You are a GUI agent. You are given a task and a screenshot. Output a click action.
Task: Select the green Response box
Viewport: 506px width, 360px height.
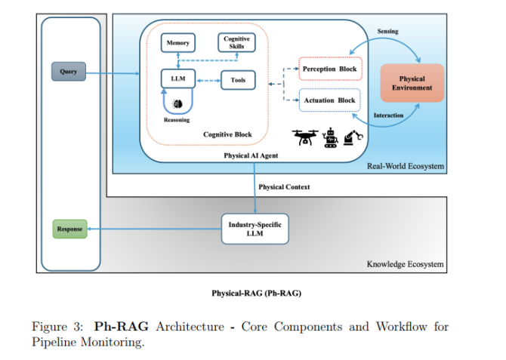point(69,228)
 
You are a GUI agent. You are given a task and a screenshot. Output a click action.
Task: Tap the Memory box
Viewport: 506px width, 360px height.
point(178,43)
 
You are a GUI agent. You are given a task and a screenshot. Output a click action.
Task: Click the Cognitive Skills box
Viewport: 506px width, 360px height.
point(237,43)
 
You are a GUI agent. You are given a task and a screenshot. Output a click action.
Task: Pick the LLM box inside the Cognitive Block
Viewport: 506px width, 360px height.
point(177,79)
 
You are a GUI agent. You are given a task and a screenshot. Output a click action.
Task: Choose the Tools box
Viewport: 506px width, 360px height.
point(238,80)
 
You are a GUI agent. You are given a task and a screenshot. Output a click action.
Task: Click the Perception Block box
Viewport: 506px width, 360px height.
point(329,69)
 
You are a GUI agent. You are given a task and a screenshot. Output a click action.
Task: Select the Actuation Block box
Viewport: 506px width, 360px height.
point(329,100)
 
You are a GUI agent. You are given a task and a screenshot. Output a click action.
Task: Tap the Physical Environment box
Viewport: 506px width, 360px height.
point(412,83)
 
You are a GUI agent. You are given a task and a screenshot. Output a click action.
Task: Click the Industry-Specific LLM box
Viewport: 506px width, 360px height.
point(255,228)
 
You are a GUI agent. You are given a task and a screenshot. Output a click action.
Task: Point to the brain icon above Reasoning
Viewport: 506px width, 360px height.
point(177,103)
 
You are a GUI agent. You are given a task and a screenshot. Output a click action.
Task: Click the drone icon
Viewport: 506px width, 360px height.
point(304,137)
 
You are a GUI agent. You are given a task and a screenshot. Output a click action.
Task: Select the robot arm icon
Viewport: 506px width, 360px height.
point(353,137)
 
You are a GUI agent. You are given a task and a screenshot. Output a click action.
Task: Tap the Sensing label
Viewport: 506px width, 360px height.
point(388,32)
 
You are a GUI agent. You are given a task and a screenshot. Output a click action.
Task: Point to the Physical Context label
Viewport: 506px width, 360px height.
point(284,186)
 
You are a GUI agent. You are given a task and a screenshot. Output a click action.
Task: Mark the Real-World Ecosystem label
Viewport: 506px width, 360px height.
point(406,167)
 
